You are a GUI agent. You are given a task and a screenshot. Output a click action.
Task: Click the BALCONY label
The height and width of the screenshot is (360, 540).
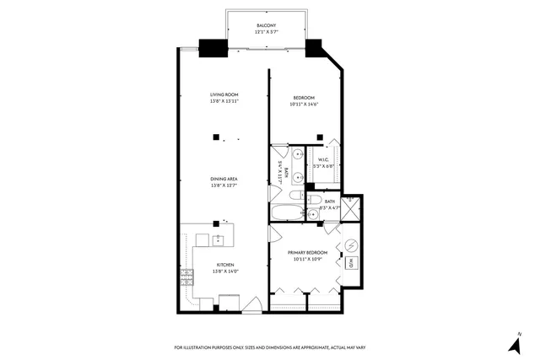(x=266, y=26)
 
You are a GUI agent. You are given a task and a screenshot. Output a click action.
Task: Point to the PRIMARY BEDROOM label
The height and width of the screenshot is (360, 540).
(x=307, y=252)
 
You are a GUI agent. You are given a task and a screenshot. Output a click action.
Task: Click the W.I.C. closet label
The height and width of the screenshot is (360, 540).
(x=324, y=159)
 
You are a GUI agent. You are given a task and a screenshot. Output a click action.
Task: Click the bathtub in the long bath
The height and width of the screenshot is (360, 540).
(x=286, y=212)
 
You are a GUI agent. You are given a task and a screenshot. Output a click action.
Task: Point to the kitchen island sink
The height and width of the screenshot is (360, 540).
(x=219, y=240)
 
